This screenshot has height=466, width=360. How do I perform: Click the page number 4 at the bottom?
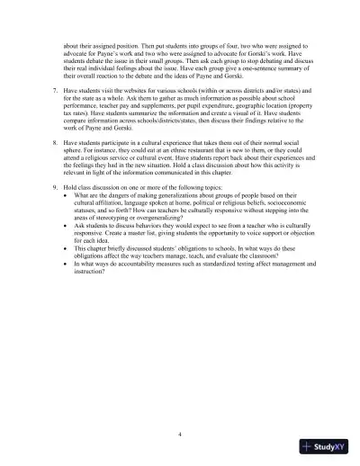click(x=180, y=434)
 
